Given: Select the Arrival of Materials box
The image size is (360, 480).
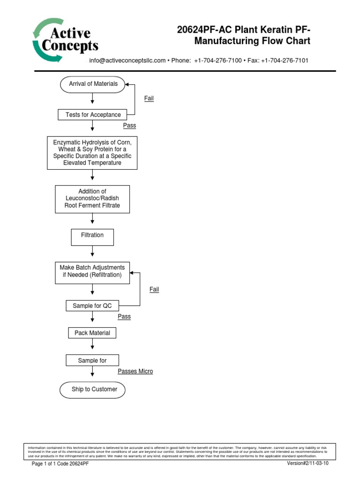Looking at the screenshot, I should [x=93, y=84].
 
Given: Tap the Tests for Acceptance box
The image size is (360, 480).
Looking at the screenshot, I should [x=93, y=114].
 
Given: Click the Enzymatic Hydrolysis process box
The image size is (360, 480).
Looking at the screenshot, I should [x=92, y=153].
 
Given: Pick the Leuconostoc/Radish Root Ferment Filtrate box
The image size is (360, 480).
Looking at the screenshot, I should [x=92, y=198].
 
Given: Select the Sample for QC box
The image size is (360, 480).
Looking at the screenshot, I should [x=92, y=306].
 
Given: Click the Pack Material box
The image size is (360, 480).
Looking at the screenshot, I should [x=92, y=333].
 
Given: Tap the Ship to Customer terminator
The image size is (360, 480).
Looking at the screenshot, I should [x=94, y=389].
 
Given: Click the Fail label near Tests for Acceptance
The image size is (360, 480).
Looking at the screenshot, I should [x=149, y=98].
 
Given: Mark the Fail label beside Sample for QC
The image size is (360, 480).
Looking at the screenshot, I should [x=154, y=290].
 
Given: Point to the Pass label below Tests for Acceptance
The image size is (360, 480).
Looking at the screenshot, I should [x=129, y=126].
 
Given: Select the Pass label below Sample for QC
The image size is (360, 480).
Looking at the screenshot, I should [x=124, y=317].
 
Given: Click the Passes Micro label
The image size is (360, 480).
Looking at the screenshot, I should [x=135, y=371].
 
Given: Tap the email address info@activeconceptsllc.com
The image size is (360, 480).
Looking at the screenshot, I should [x=127, y=61].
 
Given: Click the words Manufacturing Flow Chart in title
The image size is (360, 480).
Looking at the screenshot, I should [x=252, y=41].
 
